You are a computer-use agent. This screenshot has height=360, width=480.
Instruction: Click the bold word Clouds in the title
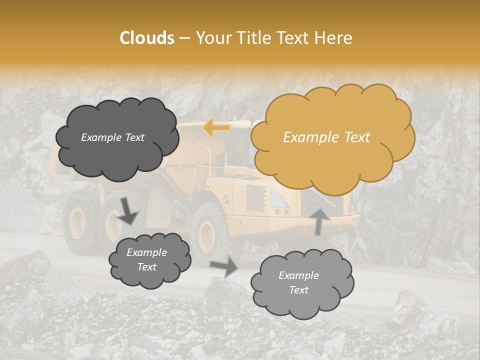click(x=147, y=38)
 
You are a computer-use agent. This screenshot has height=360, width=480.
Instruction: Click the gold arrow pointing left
click(x=216, y=128)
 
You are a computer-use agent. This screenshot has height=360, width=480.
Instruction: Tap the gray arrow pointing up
click(x=320, y=221)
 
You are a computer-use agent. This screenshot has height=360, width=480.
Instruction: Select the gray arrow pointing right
click(x=224, y=266)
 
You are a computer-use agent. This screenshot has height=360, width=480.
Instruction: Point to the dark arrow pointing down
click(x=127, y=210)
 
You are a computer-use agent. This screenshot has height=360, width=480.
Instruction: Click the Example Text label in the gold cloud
click(x=326, y=137)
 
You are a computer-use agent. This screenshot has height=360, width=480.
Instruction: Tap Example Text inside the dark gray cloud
click(x=112, y=137)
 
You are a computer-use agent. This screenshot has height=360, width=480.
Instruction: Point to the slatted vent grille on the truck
click(x=255, y=199)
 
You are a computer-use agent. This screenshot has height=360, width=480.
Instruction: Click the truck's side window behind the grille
click(x=278, y=198)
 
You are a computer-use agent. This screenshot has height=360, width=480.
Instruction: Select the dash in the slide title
click(x=184, y=38)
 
